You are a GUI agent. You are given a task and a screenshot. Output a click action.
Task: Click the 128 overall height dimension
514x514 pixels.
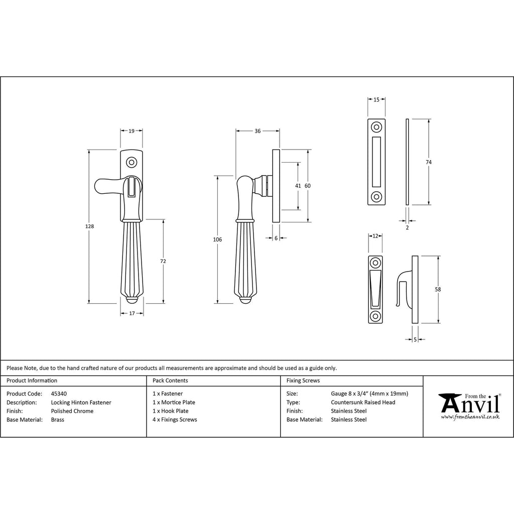[x=90, y=226]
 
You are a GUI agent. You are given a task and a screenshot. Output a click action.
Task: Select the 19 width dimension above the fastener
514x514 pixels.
[x=132, y=131]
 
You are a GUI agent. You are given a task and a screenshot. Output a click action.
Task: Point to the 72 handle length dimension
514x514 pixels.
[x=163, y=261]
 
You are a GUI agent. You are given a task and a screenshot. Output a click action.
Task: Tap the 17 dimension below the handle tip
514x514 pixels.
[x=132, y=313]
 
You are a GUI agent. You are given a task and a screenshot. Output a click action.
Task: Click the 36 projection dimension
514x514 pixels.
[x=258, y=131]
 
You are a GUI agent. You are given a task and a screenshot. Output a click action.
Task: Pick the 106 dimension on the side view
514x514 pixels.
[x=217, y=239]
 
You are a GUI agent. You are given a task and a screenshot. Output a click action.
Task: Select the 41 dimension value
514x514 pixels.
[x=298, y=186]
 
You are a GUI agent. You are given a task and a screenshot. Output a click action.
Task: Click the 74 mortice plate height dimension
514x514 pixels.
[x=429, y=162]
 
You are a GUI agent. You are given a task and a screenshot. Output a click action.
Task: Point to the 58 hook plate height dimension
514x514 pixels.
[x=439, y=290]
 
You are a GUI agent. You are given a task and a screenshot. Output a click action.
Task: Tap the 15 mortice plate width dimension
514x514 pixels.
[x=376, y=100]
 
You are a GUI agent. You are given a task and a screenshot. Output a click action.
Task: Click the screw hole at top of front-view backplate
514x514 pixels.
[x=132, y=163]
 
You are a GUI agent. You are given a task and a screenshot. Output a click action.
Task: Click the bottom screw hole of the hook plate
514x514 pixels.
[x=375, y=316]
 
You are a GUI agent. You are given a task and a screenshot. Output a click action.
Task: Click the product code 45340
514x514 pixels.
[x=59, y=394]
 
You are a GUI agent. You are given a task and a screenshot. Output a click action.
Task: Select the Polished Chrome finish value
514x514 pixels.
[x=72, y=411]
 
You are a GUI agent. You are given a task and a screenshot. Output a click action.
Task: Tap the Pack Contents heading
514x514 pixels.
[x=170, y=380]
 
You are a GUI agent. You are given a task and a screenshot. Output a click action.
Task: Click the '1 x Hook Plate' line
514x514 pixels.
[x=171, y=411]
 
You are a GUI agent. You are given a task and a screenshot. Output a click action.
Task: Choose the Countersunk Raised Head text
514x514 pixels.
[x=363, y=402]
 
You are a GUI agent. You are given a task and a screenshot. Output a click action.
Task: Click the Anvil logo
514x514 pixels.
[x=469, y=406]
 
